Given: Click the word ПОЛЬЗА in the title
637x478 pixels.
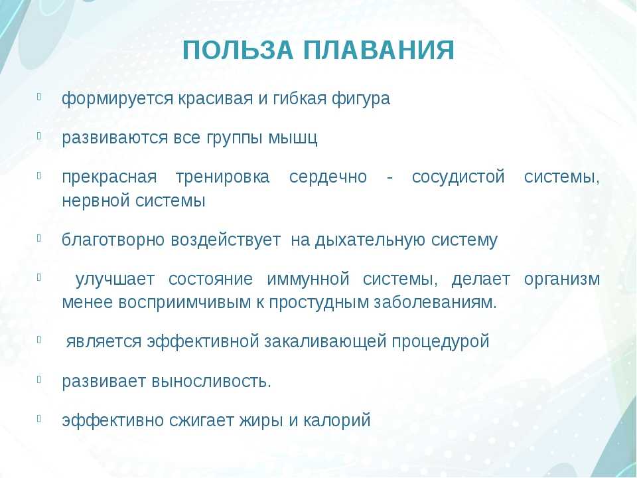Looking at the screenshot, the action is [x=238, y=50].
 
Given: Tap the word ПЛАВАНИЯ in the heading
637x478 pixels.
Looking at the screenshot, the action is [x=379, y=50].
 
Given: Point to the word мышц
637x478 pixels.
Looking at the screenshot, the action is [x=293, y=139].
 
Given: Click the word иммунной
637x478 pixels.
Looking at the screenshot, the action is [x=308, y=279].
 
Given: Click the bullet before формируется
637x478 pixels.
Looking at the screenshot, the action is [x=39, y=96].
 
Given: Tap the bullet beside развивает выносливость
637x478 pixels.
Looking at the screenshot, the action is [x=39, y=379].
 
